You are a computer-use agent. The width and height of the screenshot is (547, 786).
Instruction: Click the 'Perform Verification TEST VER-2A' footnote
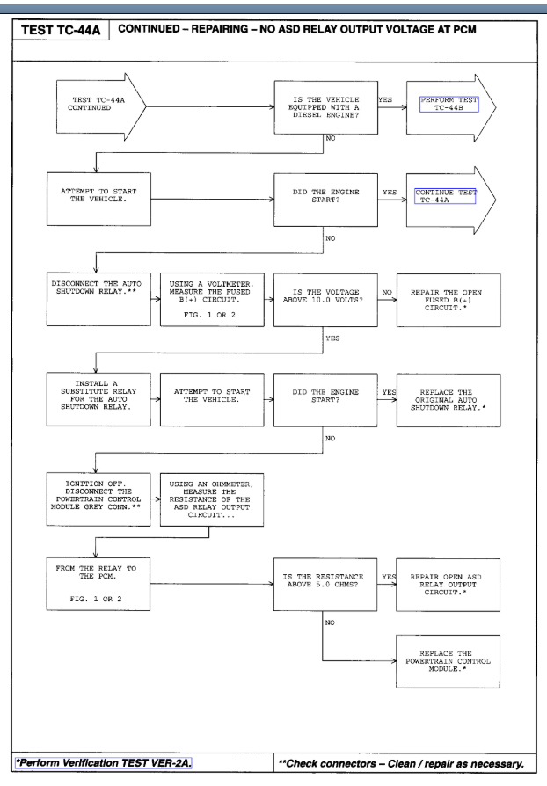tap(135, 771)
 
